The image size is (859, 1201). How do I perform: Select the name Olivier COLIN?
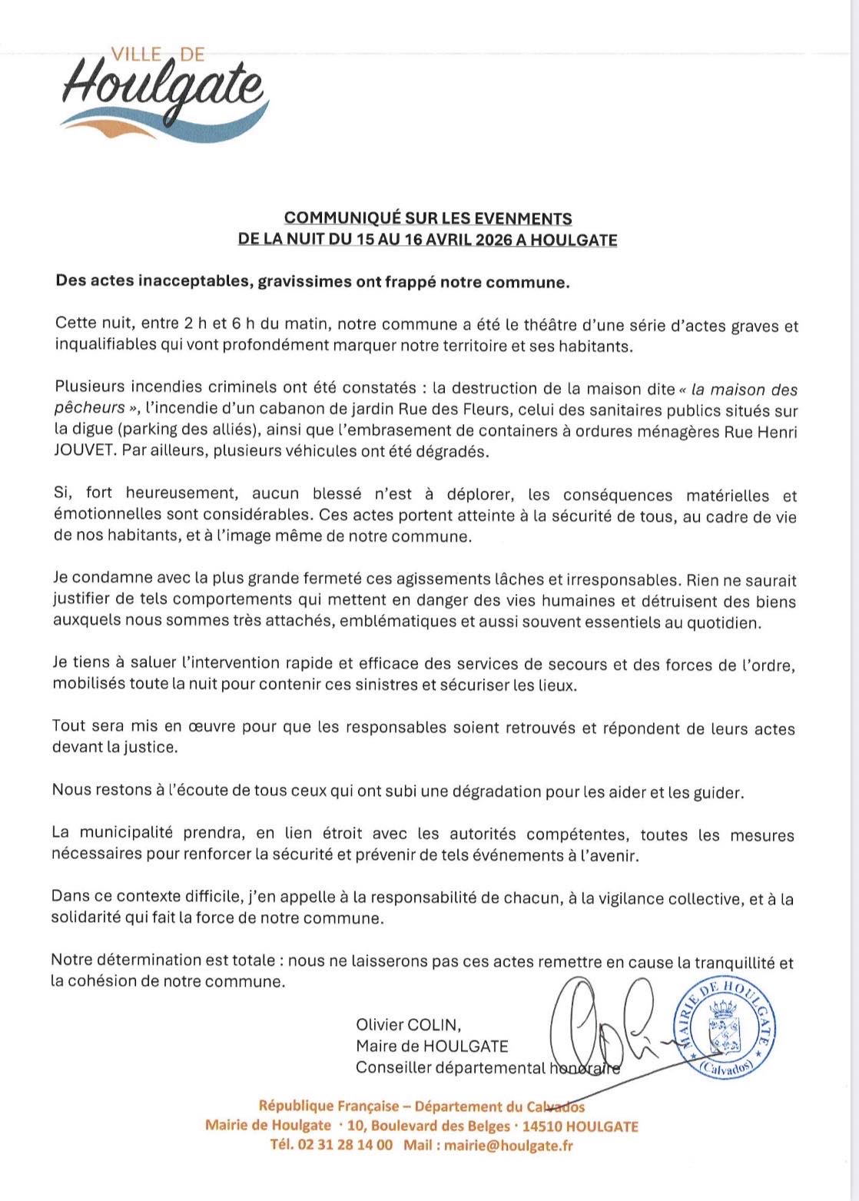coord(408,1024)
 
